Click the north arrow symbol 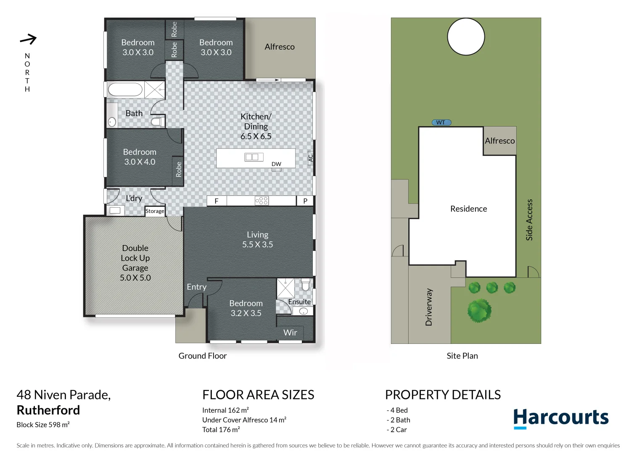coord(28,40)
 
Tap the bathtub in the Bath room coord(125,90)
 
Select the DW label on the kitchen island coord(276,164)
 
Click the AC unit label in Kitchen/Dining coord(310,158)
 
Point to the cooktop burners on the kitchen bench coord(262,201)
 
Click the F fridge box coord(217,201)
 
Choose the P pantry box coord(305,201)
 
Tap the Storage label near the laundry coord(155,211)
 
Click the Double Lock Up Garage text coord(135,263)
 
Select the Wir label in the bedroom coord(290,333)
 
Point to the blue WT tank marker coord(441,122)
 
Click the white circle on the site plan coord(466,37)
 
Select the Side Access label coord(529,220)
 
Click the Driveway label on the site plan coord(429,307)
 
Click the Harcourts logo coord(560,418)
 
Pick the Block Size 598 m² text coord(43,425)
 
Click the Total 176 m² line coord(221,430)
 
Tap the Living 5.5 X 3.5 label coord(257,240)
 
